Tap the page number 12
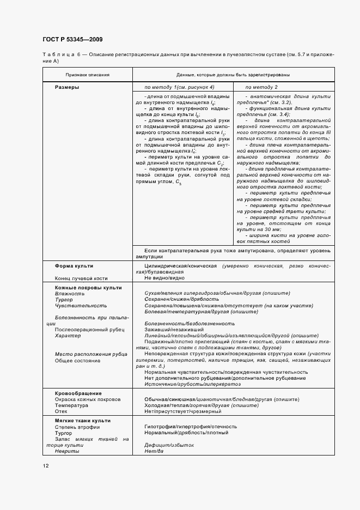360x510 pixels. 45,466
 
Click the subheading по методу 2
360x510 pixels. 261,87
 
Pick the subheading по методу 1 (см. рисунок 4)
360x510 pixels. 179,87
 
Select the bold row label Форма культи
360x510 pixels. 74,265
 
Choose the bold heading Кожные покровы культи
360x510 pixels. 88,287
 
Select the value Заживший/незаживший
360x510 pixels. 174,330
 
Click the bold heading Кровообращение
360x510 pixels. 78,393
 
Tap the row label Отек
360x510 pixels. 61,412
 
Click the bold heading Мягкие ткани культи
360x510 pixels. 83,421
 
